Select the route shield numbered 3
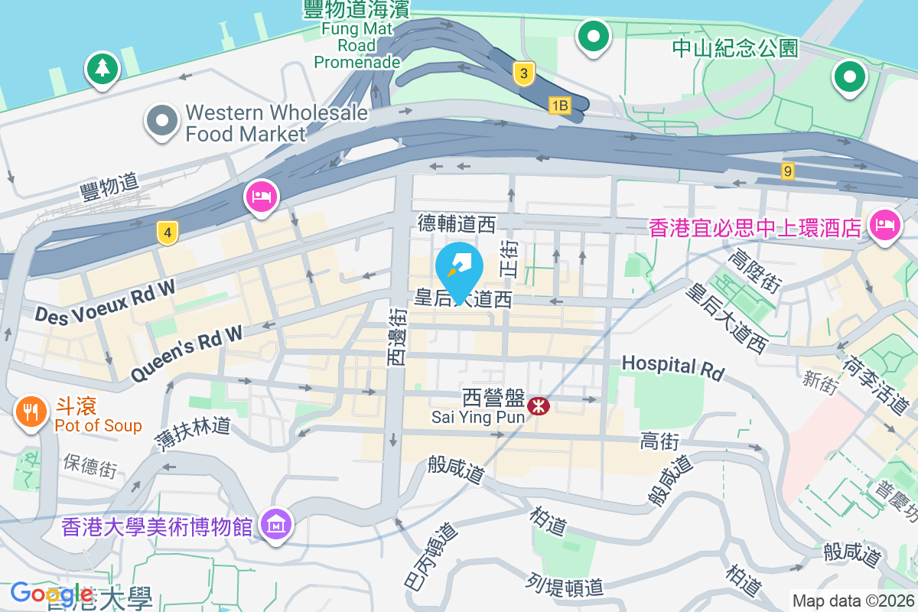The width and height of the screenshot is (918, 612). [522, 73]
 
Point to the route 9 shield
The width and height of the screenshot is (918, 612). [787, 171]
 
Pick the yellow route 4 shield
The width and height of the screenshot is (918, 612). [168, 233]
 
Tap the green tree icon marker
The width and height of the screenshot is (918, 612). [101, 69]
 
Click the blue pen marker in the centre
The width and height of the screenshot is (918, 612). [459, 267]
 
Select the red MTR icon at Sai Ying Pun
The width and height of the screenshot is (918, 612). [539, 405]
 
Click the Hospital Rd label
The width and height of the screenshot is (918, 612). [672, 367]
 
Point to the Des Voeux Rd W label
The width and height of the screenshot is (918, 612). [105, 301]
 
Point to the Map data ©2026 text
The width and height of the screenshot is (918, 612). [853, 601]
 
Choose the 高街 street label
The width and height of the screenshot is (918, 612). [659, 441]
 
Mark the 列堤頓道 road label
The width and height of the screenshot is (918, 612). [565, 586]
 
